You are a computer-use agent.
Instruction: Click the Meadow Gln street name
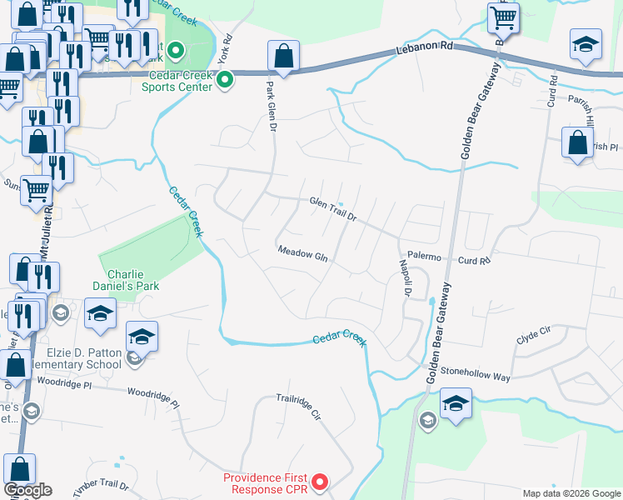tap(302, 253)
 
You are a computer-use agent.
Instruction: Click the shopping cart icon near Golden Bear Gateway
tap(503, 16)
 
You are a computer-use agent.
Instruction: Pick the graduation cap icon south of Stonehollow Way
tap(456, 405)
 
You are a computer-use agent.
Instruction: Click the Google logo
tap(28, 490)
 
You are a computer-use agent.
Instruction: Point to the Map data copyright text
tap(571, 492)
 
